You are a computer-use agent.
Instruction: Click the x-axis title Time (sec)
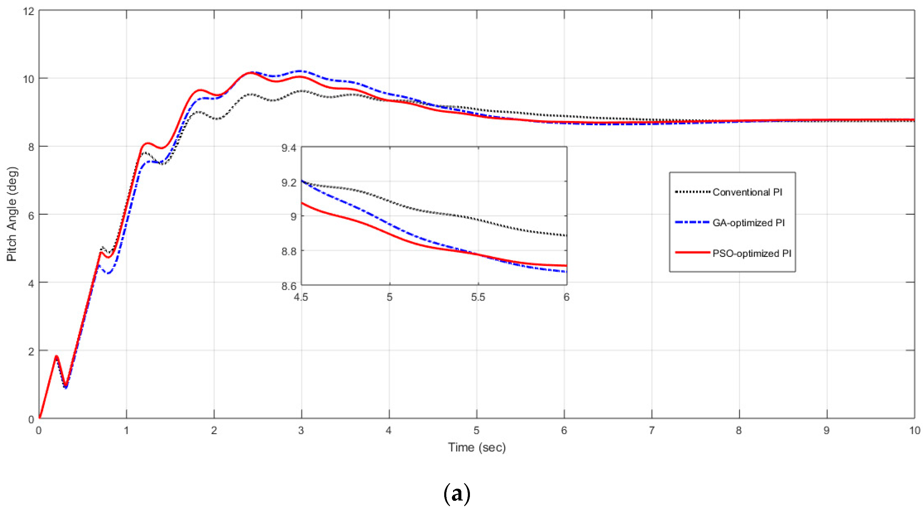tap(476, 447)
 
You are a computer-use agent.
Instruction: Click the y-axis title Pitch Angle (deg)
tap(12, 214)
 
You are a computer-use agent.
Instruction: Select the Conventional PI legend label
tap(747, 192)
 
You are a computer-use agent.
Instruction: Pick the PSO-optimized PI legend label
tap(751, 254)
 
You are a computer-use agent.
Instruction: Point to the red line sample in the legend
tap(692, 252)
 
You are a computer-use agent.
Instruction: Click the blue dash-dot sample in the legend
tap(692, 222)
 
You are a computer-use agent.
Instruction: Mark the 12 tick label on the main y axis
tap(28, 11)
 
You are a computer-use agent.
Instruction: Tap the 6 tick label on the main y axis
tap(31, 215)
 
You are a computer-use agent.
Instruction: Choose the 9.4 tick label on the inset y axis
tap(289, 148)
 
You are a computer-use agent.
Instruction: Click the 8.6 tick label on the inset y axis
tap(289, 286)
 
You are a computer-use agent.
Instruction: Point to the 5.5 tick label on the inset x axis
tap(478, 297)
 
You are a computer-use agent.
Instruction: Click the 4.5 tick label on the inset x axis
tap(301, 297)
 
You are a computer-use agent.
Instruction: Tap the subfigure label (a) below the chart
tap(457, 494)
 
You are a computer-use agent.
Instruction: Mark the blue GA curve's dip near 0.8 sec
tap(108, 273)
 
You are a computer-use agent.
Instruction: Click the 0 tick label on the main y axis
tap(31, 419)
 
